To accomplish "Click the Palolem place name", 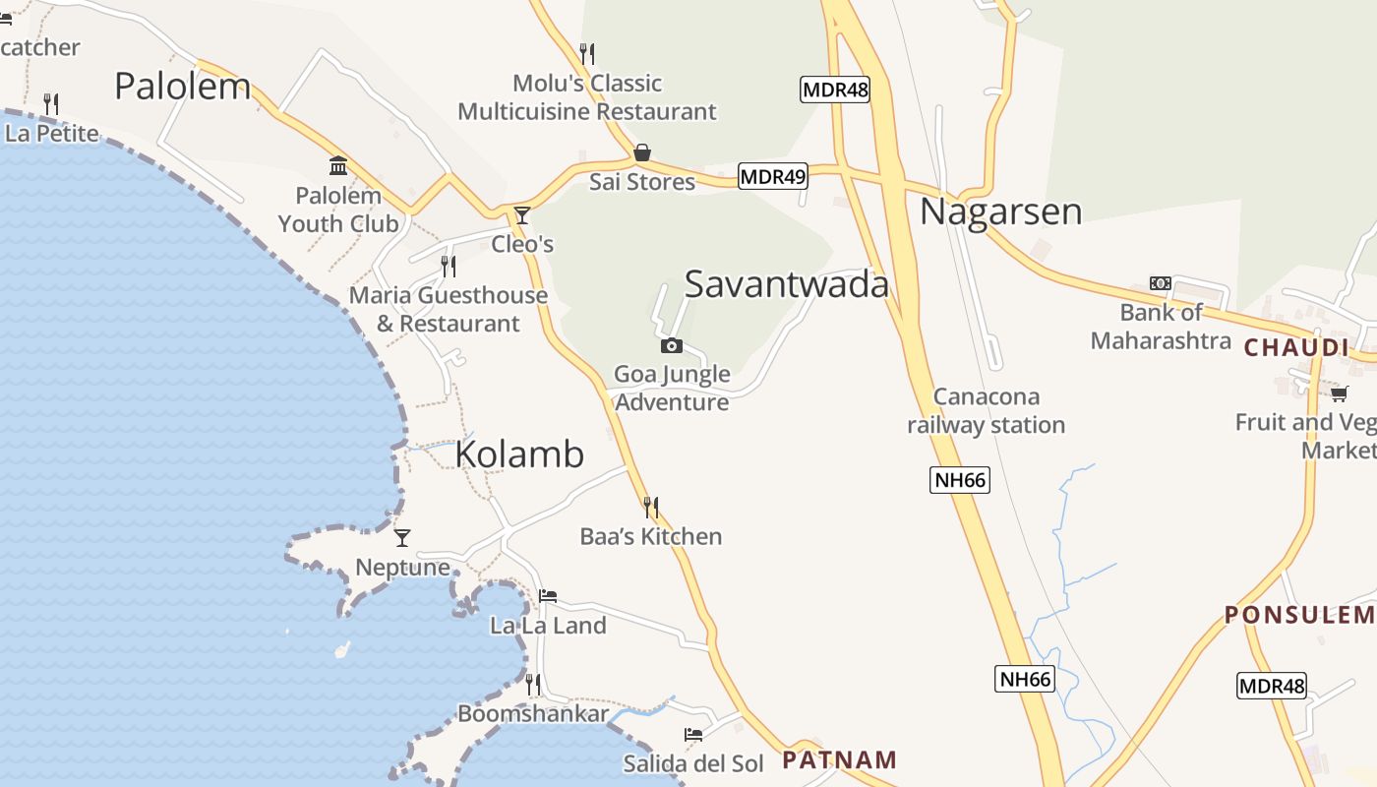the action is (x=182, y=87).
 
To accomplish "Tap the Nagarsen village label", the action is (x=1000, y=212).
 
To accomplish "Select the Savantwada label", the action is (x=786, y=284).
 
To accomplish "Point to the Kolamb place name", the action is (x=519, y=454).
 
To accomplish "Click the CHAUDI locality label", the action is (x=1296, y=347).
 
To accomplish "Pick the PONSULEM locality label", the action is (x=1298, y=616).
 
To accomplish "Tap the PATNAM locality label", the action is (x=839, y=759).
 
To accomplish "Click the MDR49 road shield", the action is (x=772, y=177).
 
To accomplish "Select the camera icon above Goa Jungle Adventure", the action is (x=672, y=345).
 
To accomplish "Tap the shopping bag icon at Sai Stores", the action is (x=641, y=152).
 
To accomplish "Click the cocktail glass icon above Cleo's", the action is (x=522, y=215).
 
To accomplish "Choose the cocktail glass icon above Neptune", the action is (x=402, y=537).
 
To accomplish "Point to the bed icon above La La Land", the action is (x=548, y=596).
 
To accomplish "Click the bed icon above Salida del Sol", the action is (x=693, y=734).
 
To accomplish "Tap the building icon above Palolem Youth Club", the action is (x=338, y=165).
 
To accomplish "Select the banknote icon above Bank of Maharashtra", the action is (x=1161, y=283).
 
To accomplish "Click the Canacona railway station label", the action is (x=986, y=411).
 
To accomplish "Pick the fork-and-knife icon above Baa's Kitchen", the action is (x=651, y=507).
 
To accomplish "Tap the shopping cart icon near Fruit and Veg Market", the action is (x=1339, y=394).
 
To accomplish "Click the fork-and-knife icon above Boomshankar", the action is (x=533, y=684).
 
